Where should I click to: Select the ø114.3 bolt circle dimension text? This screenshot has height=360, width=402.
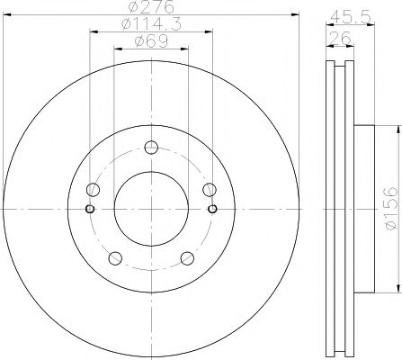pos(149,25)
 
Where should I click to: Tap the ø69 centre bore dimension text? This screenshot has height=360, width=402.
pos(149,41)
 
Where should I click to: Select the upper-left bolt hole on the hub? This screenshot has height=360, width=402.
pos(93,190)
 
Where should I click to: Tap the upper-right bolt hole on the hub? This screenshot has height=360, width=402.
pos(209,190)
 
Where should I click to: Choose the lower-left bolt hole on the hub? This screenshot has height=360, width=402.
pos(114,258)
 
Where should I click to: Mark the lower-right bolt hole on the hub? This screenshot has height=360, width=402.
pos(186,258)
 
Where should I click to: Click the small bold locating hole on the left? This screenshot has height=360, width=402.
pos(89,210)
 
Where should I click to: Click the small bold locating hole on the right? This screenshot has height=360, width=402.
pos(212,210)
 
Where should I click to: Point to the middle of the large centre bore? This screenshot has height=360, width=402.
pos(150,210)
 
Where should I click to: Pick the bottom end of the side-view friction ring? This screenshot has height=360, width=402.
pos(339,353)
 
